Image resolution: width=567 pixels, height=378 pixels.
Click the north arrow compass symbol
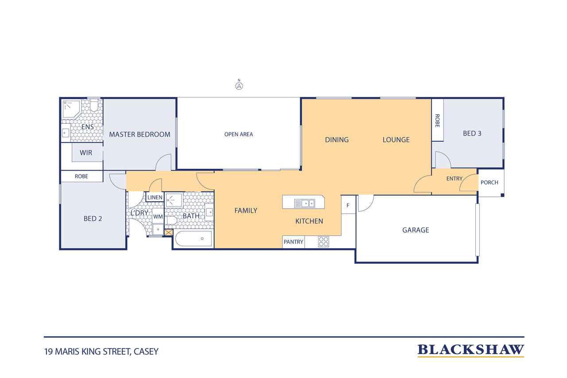[239, 85]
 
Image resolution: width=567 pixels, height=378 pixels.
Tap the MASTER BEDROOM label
[140, 134]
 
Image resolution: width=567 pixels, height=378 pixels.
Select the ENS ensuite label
[88, 127]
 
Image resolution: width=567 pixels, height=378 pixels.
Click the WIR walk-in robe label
[86, 153]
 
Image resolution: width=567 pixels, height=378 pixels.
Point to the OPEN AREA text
[238, 134]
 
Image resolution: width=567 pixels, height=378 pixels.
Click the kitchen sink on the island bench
[304, 203]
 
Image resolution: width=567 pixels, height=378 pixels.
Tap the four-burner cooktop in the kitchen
[323, 242]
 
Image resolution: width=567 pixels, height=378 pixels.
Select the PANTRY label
[293, 242]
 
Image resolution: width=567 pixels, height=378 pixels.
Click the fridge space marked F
[348, 205]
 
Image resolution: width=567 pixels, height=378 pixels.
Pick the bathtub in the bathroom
[194, 238]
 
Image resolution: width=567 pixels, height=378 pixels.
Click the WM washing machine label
[158, 217]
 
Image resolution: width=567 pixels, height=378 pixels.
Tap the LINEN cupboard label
[155, 198]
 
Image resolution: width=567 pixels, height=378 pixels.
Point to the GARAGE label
[416, 230]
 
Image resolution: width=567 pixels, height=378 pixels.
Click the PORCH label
[489, 183]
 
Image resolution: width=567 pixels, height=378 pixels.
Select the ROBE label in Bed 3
[437, 121]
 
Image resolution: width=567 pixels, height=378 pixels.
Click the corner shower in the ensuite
[71, 109]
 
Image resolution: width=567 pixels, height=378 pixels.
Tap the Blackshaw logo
[470, 351]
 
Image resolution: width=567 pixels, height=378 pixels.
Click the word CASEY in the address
[146, 352]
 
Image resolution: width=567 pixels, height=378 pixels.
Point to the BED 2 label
[93, 219]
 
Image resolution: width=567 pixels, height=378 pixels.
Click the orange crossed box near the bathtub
[168, 232]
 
